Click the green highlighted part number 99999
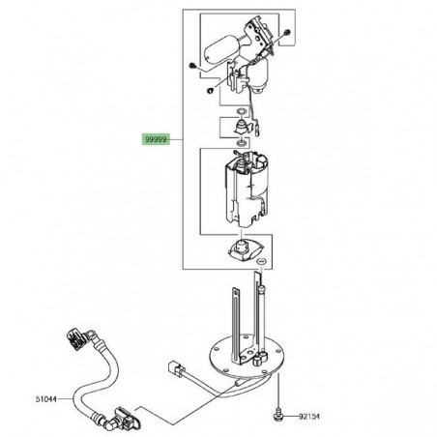click(155, 139)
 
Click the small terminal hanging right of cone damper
click(262, 125)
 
